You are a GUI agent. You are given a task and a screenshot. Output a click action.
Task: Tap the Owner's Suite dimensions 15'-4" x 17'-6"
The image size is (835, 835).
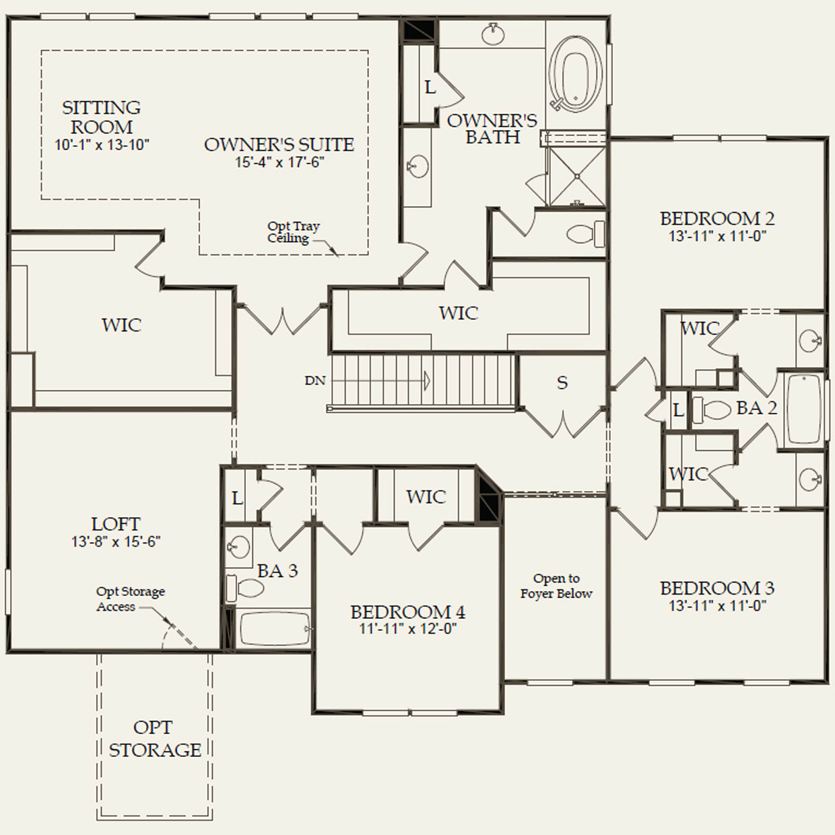coord(279,162)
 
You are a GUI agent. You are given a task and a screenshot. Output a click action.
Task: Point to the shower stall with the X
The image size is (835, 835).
coord(576,176)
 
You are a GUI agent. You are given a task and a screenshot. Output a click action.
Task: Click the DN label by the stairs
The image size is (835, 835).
coord(315,380)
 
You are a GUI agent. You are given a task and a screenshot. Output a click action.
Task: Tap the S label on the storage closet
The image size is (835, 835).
coord(562,382)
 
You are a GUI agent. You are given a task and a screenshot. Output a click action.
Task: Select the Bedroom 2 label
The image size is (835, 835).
coord(717,218)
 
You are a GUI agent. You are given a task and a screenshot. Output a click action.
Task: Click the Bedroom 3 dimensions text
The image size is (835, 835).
coord(717,605)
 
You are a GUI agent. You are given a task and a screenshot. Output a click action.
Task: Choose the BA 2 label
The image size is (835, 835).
coord(757,408)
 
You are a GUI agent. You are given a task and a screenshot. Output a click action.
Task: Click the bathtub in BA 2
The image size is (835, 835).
coord(804,409)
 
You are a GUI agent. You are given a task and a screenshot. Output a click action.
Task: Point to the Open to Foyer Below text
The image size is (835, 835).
coord(556,586)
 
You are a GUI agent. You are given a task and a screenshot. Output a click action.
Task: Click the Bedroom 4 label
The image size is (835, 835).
coord(408,612)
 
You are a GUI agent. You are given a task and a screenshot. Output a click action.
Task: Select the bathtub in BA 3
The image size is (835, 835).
coord(275,629)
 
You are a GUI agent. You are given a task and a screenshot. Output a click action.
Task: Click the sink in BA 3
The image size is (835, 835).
coord(239,546)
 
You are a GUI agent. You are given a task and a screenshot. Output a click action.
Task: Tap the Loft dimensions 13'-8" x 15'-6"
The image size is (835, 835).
coord(116,541)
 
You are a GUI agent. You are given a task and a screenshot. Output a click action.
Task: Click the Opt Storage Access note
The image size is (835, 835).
coord(131,599)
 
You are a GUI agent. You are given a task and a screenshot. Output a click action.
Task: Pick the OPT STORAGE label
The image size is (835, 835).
coord(155,739)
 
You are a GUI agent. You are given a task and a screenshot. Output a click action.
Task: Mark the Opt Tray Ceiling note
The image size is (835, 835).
coord(294,232)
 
